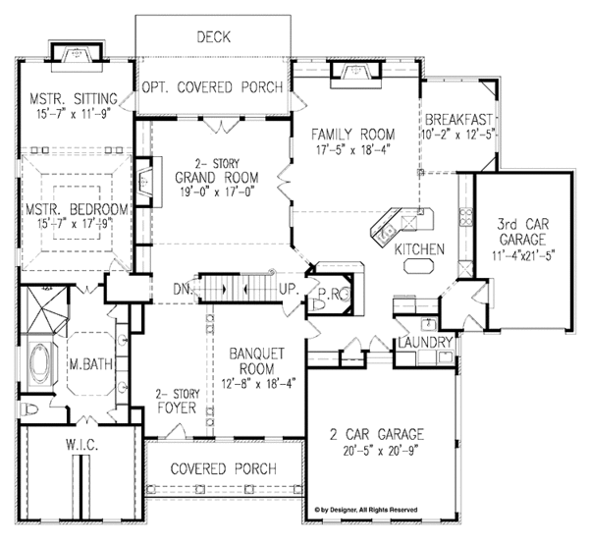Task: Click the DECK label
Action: (x=213, y=37)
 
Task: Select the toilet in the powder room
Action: (x=318, y=304)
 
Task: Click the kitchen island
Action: (x=419, y=266)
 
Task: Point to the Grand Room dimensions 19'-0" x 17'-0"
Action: (x=217, y=192)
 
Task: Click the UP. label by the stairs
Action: (x=289, y=290)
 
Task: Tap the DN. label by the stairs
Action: (x=183, y=290)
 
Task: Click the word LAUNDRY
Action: (x=425, y=343)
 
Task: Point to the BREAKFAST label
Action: (x=458, y=120)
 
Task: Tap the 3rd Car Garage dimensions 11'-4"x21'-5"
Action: (x=523, y=255)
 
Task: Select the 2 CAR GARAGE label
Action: (x=377, y=434)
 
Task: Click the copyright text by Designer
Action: (x=366, y=510)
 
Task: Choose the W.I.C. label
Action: (x=82, y=446)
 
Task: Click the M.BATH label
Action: (x=91, y=364)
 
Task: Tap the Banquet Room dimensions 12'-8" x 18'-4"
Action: (x=258, y=384)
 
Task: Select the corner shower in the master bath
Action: (x=45, y=310)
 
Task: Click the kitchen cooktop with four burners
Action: (x=466, y=216)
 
